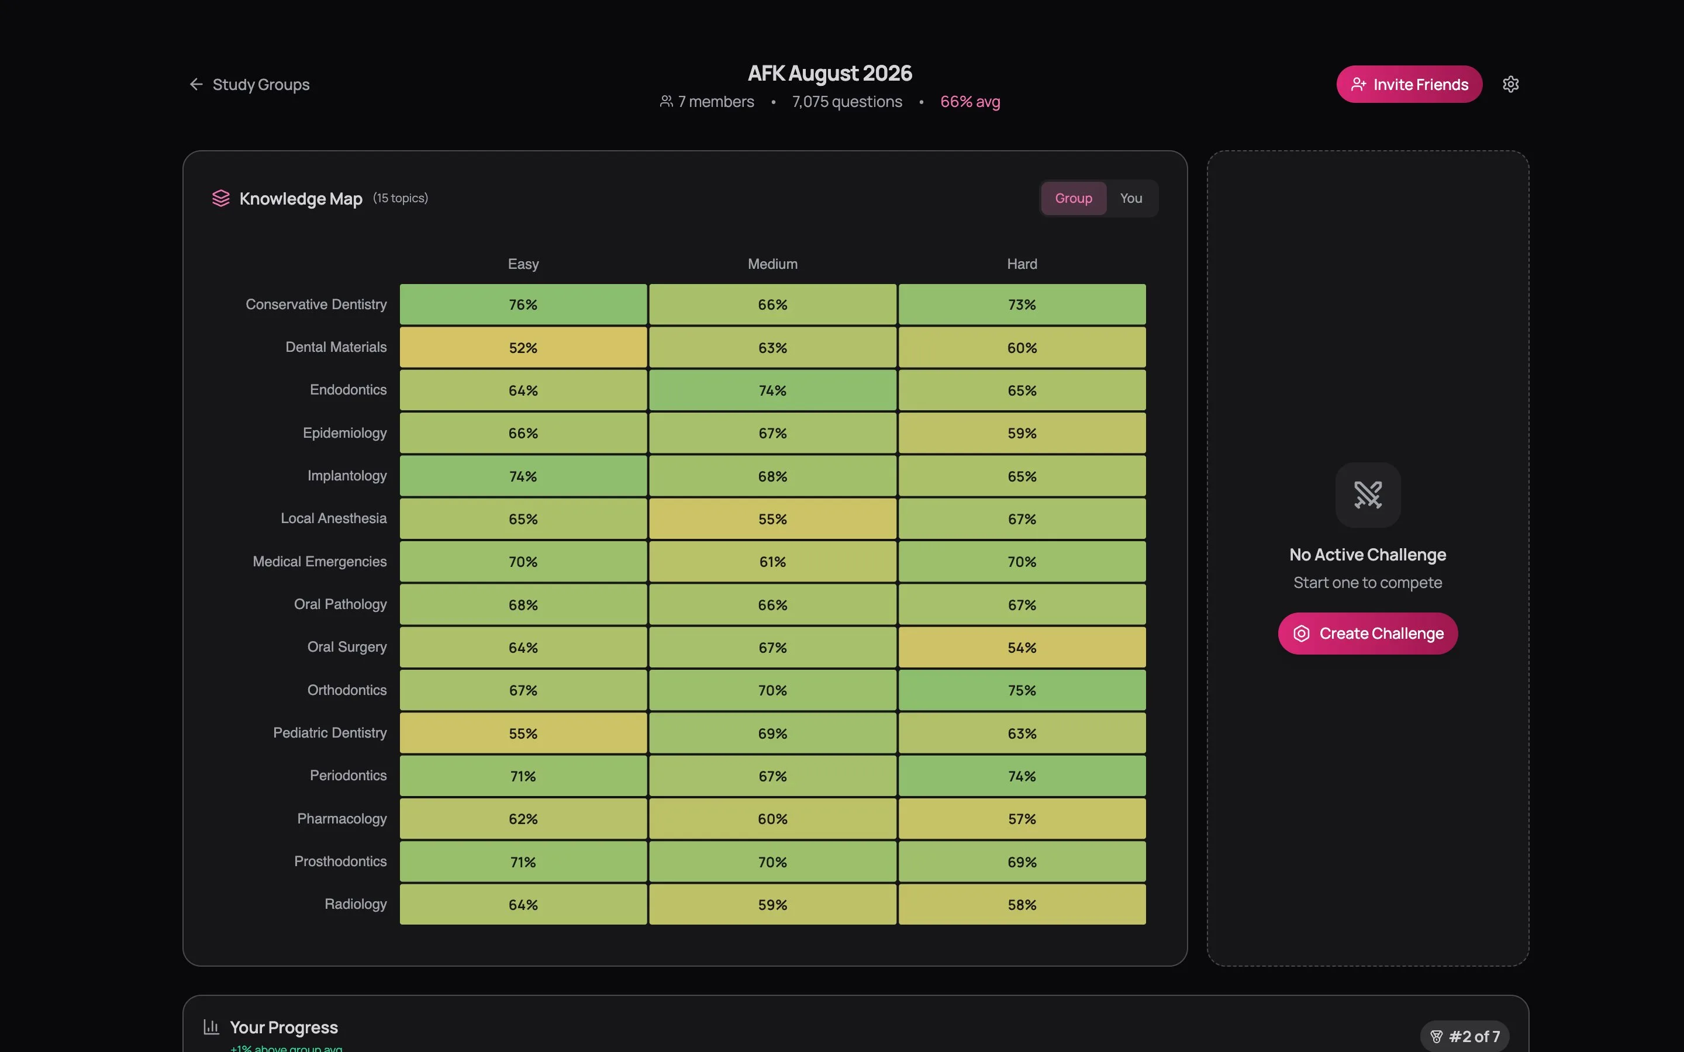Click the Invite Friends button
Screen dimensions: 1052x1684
coord(1409,84)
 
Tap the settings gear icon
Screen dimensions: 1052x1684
coord(1510,84)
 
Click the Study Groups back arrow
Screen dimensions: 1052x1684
coord(196,84)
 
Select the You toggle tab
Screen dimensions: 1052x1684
coord(1131,198)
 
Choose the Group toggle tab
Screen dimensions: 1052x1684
coord(1073,198)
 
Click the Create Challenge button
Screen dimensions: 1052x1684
coord(1368,633)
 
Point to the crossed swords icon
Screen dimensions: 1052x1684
coord(1368,494)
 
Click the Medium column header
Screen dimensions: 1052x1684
coord(772,264)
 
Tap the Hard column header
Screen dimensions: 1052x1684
coord(1022,264)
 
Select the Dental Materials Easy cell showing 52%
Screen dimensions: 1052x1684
coord(523,348)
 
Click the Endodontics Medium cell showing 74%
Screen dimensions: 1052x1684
coord(772,390)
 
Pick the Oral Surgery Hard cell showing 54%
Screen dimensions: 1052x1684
coord(1022,648)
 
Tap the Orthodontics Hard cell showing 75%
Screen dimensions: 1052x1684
coord(1022,690)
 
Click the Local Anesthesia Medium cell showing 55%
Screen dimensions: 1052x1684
coord(772,519)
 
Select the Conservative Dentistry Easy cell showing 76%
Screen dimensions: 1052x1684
coord(523,304)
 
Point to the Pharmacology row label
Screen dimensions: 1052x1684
coord(341,819)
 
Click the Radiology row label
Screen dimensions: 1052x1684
coord(355,904)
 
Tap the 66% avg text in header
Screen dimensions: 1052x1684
coord(970,102)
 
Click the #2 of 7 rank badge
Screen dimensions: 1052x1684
coord(1465,1036)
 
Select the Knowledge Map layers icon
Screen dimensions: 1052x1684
coord(220,198)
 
